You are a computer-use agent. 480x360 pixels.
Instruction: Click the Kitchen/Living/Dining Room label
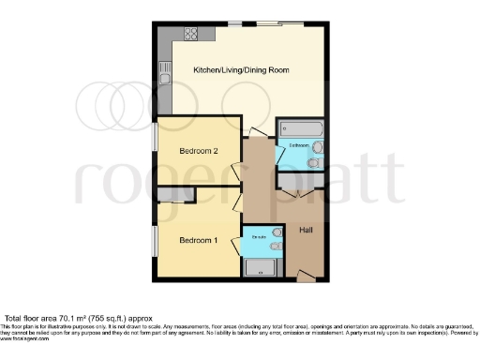click(x=240, y=71)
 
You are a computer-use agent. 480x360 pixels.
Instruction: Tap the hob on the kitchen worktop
click(x=191, y=36)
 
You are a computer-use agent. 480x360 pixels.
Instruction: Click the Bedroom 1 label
click(x=198, y=241)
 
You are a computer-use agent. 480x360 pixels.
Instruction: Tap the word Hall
click(x=307, y=231)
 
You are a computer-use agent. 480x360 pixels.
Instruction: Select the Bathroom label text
click(x=298, y=147)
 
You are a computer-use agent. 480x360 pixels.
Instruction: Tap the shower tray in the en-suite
click(x=258, y=267)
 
